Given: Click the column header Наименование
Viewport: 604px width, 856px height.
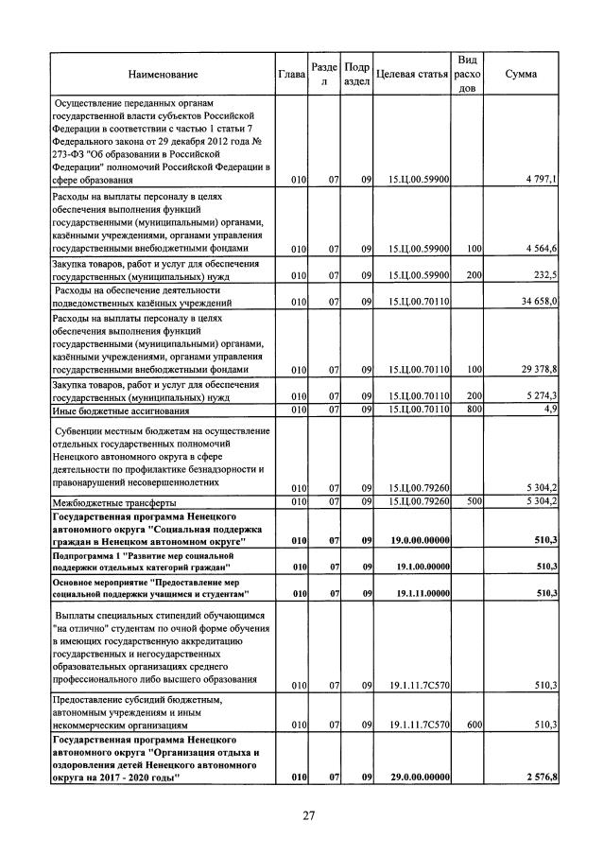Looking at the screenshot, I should tap(160, 74).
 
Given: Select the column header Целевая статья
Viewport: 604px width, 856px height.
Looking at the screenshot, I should tap(411, 74).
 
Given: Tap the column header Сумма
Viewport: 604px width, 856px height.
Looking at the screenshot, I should tap(522, 74).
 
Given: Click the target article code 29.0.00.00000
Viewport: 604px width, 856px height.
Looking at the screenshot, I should tap(411, 777).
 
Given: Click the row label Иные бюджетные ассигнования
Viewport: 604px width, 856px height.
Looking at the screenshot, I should tap(118, 410).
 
